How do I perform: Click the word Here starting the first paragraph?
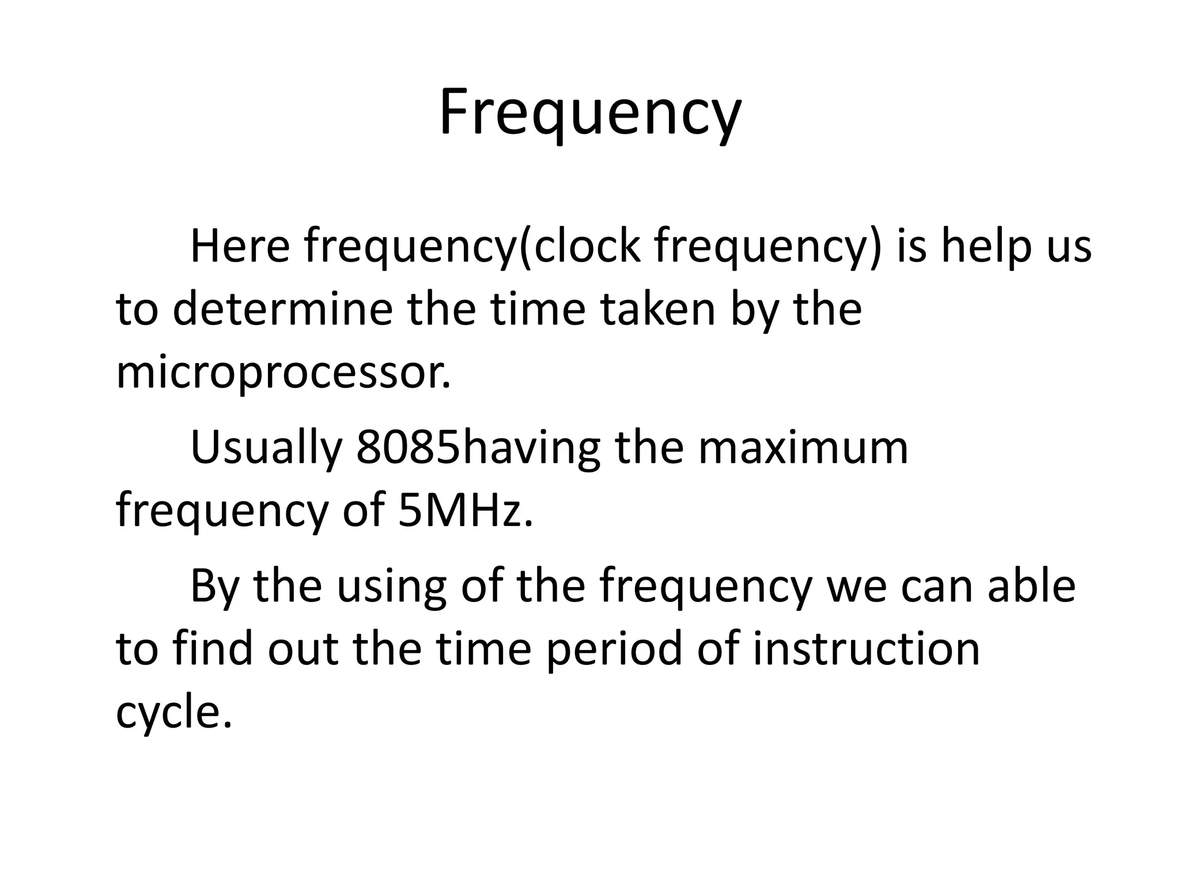coord(240,247)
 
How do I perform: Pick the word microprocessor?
coord(282,373)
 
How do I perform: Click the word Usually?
coord(266,448)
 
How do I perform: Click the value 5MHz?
coord(464,510)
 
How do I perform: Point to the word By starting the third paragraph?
coord(213,586)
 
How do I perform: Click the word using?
coord(391,586)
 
